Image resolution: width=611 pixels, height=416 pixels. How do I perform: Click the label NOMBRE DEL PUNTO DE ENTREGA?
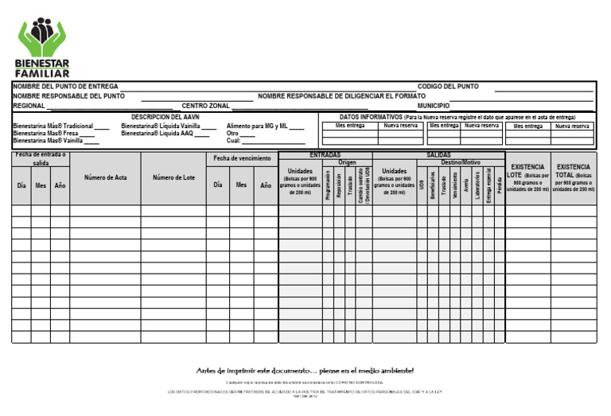[65, 86]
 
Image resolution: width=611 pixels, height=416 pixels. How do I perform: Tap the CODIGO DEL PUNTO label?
[448, 86]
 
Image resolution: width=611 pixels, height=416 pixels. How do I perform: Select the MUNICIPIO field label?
[433, 105]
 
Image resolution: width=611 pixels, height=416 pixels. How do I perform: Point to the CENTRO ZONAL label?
[205, 105]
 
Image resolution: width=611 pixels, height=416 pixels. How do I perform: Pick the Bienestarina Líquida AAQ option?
[158, 134]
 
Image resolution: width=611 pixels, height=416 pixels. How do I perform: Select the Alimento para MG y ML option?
[257, 126]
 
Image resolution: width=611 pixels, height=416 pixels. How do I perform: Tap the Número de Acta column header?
[105, 177]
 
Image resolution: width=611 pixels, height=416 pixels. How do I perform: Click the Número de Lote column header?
[173, 177]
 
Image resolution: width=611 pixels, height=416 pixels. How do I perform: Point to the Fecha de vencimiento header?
[242, 158]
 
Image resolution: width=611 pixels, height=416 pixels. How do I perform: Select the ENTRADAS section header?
[325, 155]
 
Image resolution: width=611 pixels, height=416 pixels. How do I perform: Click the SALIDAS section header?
[438, 155]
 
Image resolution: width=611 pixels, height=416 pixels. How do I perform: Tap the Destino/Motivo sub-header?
[461, 162]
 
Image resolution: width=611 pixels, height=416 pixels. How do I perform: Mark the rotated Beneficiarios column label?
[433, 185]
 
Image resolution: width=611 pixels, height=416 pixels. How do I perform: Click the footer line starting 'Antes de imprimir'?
[305, 371]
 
